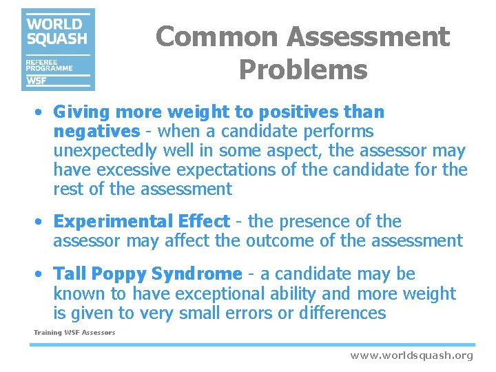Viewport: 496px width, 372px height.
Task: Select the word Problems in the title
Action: pos(303,70)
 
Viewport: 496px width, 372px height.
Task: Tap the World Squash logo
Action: pos(58,49)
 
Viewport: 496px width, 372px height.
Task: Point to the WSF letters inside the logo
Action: pos(37,81)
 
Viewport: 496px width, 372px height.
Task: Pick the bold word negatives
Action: pos(96,132)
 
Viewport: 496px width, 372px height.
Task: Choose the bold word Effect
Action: pos(203,222)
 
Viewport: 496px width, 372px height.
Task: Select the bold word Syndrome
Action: pos(196,274)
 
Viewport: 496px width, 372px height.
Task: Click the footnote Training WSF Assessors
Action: pos(74,333)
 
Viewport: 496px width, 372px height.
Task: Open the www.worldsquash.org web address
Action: pos(411,355)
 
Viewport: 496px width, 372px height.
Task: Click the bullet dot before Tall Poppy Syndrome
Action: pos(42,274)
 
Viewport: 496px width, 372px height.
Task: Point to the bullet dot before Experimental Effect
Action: pos(42,222)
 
